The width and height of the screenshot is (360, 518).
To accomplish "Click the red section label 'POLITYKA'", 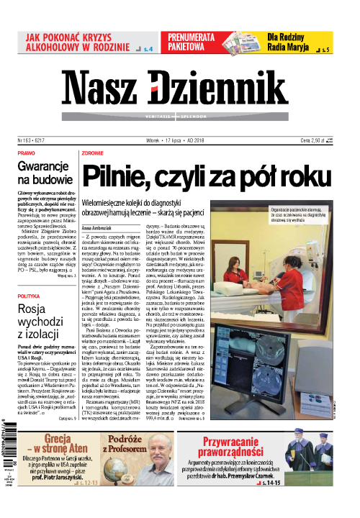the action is point(30,276).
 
